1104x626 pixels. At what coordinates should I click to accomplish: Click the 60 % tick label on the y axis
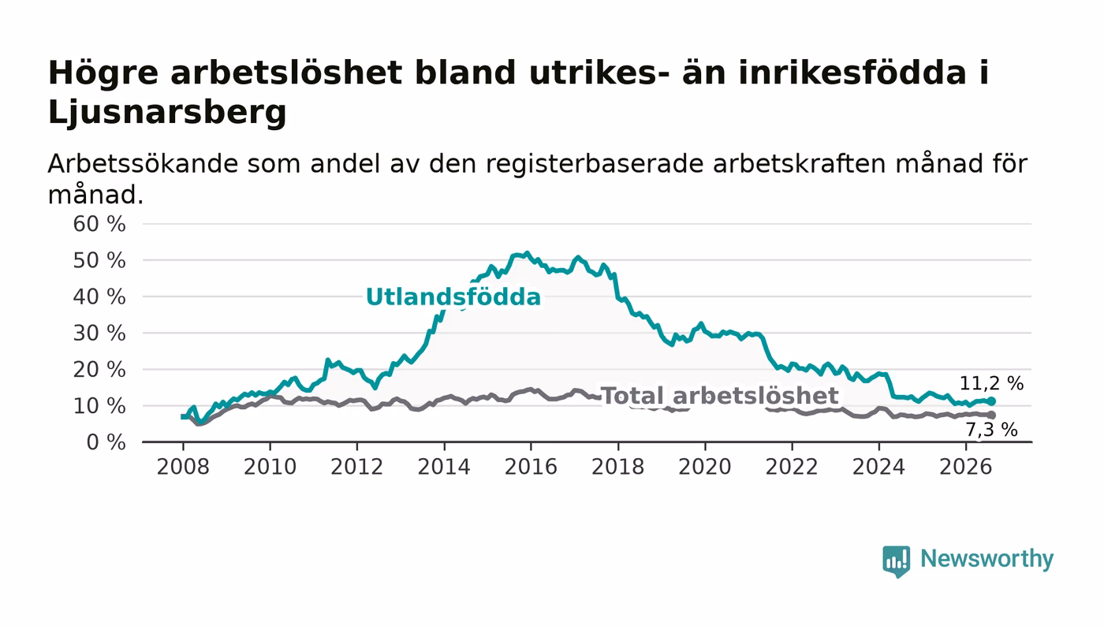(99, 224)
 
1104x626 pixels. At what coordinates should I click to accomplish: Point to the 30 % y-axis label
(99, 333)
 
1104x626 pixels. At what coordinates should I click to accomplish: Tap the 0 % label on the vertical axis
(106, 442)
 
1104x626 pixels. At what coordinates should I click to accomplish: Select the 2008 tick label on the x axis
(183, 467)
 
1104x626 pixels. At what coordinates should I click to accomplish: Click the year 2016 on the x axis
(531, 467)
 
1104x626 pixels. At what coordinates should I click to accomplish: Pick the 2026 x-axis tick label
(965, 467)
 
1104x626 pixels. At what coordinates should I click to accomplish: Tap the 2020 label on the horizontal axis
(705, 467)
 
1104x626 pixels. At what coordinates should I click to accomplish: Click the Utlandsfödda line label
(453, 297)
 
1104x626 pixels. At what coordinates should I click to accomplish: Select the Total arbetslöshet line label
(720, 396)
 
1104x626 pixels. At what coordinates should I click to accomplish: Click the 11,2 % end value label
(991, 383)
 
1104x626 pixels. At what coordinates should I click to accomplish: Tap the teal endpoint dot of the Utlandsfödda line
(991, 401)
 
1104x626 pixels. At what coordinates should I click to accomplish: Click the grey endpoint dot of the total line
(991, 415)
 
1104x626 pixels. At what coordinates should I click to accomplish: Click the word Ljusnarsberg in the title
(167, 113)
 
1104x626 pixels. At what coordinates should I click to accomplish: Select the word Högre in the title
(103, 74)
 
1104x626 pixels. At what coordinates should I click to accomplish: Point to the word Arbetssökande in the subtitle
(143, 164)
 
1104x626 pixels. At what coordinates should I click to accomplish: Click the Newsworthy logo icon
(896, 561)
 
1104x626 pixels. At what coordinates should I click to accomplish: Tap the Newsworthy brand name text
(987, 559)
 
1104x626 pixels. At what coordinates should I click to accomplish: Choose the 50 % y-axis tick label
(99, 261)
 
